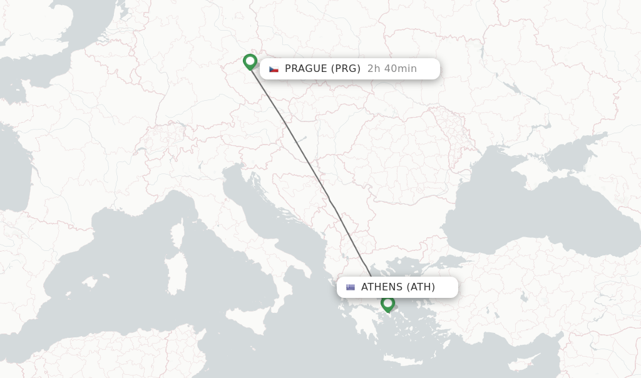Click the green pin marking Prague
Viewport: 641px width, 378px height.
tap(250, 61)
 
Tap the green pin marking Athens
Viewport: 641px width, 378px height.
tap(388, 304)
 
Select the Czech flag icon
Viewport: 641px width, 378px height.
tap(274, 69)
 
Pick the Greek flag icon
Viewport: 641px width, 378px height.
tap(351, 287)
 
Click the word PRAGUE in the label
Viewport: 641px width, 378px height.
tap(306, 69)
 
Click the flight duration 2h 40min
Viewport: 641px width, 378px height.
tap(392, 69)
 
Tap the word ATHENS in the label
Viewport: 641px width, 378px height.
tap(382, 287)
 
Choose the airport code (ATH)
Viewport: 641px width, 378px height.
tap(421, 287)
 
